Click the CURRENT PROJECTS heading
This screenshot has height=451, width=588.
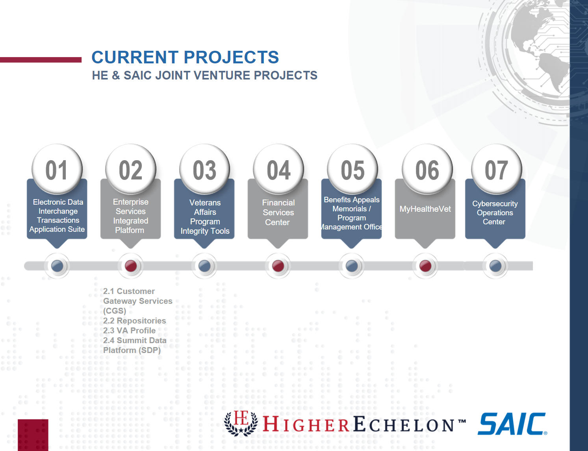pos(185,57)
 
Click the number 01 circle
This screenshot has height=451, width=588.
pos(57,169)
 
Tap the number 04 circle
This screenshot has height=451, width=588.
pos(278,169)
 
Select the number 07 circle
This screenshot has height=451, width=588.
pos(496,169)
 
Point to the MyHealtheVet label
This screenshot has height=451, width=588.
pos(425,209)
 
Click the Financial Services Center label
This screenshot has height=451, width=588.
pos(278,213)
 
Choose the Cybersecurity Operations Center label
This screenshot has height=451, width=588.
pos(495,213)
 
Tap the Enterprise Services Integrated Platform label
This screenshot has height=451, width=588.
pos(130,216)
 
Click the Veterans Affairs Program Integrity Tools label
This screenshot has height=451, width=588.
pos(205,217)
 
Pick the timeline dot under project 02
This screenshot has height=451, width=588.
pos(131,266)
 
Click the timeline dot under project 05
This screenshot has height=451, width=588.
pos(352,266)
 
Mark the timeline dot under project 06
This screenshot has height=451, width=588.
pos(425,266)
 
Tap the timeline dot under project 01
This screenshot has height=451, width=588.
pos(57,266)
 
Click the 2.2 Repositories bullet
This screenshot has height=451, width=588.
pos(134,321)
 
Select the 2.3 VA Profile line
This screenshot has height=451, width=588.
pos(129,331)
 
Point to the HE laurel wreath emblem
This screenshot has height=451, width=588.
pos(241,423)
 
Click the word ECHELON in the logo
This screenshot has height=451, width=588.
pos(404,425)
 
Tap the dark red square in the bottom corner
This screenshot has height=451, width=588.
pos(33,435)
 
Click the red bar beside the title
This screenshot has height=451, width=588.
pos(41,60)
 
